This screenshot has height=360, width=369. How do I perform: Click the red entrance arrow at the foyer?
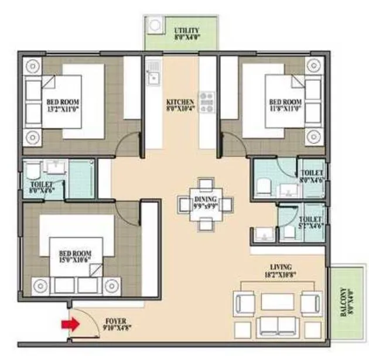click(71, 324)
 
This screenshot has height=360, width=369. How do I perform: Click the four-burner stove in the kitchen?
click(207, 101)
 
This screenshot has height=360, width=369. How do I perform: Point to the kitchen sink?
click(153, 75)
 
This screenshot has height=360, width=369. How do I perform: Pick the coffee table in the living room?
click(277, 302)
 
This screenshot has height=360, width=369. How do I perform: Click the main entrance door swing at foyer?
click(88, 319)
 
